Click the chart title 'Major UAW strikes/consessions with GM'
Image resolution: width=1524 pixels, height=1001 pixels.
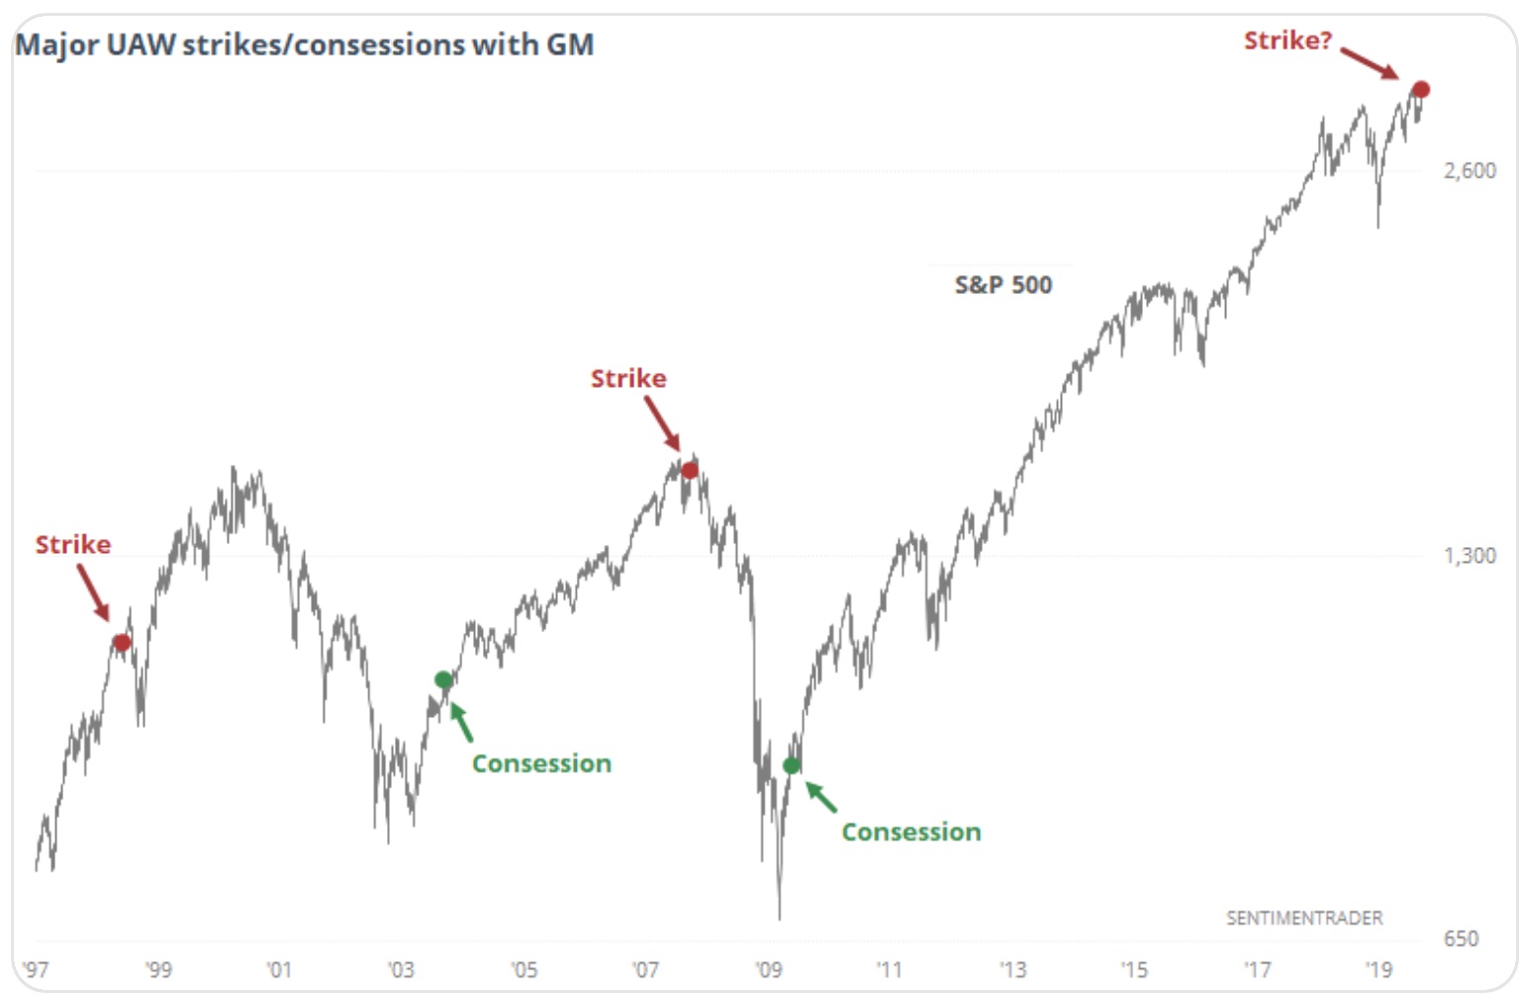point(305,45)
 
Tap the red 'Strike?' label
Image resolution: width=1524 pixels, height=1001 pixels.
point(1287,41)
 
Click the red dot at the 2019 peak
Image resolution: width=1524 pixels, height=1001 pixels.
point(1420,90)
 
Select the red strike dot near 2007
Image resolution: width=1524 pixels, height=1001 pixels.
point(690,470)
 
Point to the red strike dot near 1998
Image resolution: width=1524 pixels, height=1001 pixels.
point(122,643)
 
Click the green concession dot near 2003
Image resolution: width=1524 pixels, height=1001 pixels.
point(443,680)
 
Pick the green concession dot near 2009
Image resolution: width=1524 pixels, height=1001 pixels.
point(792,765)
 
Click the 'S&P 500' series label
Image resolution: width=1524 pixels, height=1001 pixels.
point(1002,285)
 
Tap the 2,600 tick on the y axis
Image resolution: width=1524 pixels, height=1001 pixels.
point(1470,170)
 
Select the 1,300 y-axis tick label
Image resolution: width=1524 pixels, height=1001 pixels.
point(1470,555)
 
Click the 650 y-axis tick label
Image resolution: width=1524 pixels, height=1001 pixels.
point(1461,938)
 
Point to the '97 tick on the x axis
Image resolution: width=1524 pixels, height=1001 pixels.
point(36,969)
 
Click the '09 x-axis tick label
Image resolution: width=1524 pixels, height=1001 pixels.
point(769,969)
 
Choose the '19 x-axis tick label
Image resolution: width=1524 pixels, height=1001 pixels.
point(1379,969)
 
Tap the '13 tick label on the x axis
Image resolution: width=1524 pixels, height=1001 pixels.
point(1012,969)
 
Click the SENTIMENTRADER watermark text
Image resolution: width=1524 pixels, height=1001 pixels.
point(1304,918)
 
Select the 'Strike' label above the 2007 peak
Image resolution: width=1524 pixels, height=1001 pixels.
point(628,378)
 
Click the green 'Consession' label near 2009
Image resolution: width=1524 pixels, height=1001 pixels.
point(911,832)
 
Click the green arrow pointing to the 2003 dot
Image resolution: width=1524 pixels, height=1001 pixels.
point(461,721)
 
